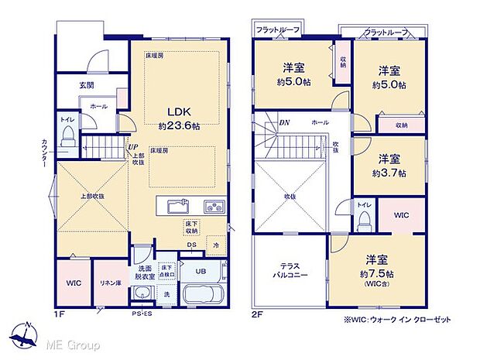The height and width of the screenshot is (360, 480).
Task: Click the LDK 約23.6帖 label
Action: pos(179,116)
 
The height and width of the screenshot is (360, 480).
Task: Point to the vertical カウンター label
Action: pos(44,153)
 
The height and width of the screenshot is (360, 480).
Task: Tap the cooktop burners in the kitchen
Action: pos(213,207)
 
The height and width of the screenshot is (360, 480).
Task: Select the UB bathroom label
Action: pos(200,271)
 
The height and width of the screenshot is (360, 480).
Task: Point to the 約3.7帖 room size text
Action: pos(392,172)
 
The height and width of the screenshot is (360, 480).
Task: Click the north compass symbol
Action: pos(28,334)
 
